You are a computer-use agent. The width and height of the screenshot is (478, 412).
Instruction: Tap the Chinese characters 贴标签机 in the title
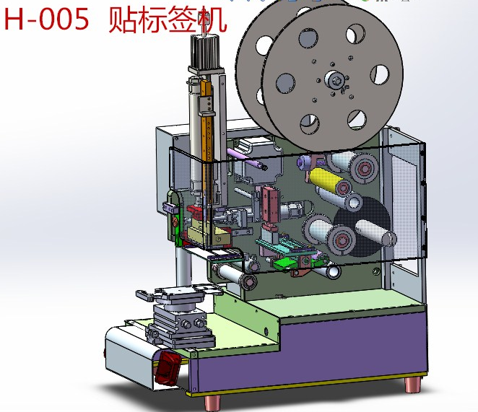(167, 19)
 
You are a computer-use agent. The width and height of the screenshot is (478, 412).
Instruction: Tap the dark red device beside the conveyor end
(168, 367)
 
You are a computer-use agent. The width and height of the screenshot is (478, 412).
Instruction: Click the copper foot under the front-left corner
(214, 399)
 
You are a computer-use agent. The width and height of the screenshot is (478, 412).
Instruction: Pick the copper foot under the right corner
(412, 383)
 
